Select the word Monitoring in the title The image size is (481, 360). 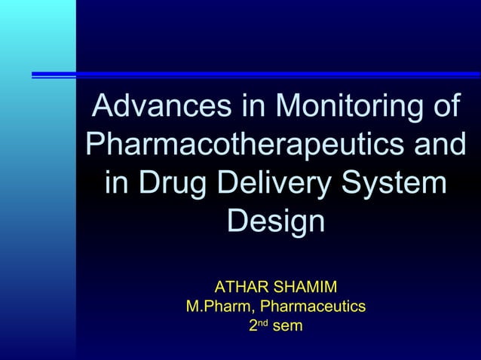[345, 105]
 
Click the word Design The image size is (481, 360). [276, 222]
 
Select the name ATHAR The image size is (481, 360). [239, 287]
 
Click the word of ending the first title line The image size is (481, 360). [440, 105]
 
